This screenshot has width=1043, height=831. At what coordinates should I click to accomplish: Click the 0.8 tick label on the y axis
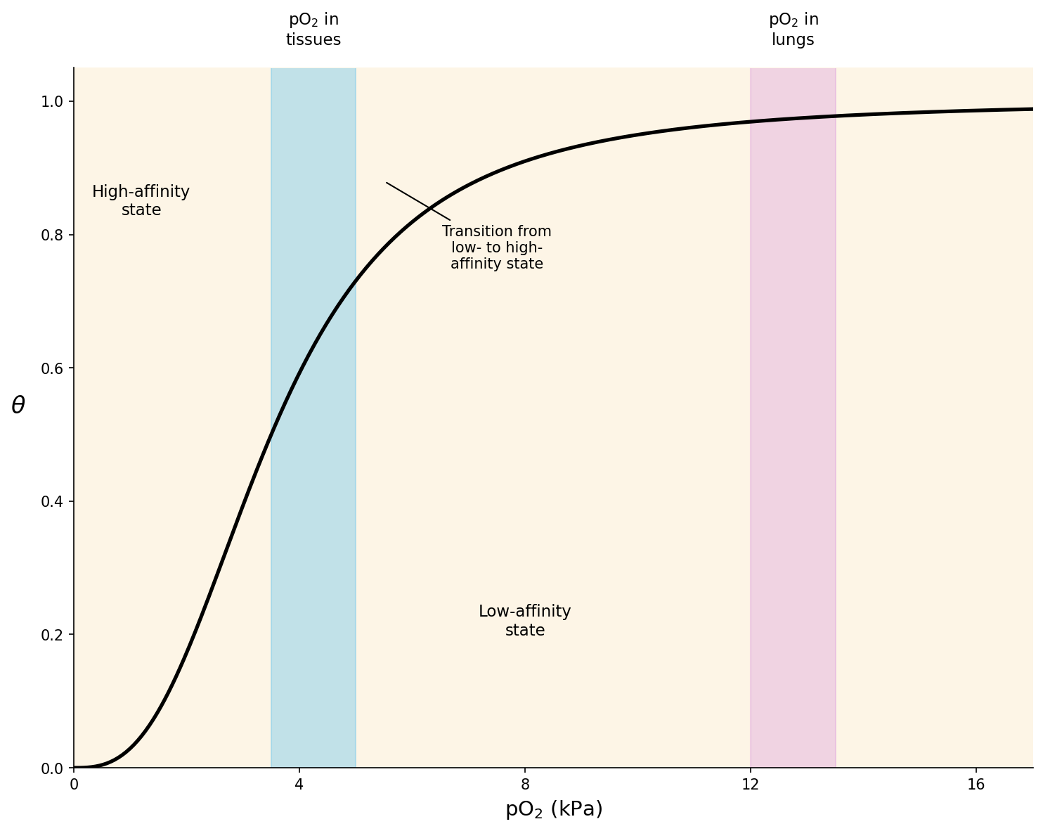click(53, 235)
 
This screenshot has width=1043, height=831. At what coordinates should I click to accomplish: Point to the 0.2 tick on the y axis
click(53, 635)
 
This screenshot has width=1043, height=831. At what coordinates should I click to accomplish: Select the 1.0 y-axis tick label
click(53, 101)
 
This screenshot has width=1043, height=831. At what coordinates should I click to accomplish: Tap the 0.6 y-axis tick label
click(53, 368)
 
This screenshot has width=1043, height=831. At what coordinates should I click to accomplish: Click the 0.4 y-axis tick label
click(53, 501)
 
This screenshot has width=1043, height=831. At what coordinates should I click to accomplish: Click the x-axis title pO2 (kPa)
click(554, 809)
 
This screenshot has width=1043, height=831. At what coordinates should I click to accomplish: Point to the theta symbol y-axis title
click(18, 405)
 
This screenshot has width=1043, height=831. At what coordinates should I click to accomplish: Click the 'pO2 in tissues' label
click(313, 30)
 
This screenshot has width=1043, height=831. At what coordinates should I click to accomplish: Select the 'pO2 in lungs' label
click(793, 30)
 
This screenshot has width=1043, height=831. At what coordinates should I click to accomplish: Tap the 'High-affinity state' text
click(141, 201)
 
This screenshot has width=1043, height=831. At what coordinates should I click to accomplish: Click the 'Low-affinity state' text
click(525, 621)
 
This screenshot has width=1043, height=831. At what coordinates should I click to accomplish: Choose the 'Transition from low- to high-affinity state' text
click(497, 247)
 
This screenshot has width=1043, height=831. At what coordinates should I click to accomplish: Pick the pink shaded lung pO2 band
click(793, 422)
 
